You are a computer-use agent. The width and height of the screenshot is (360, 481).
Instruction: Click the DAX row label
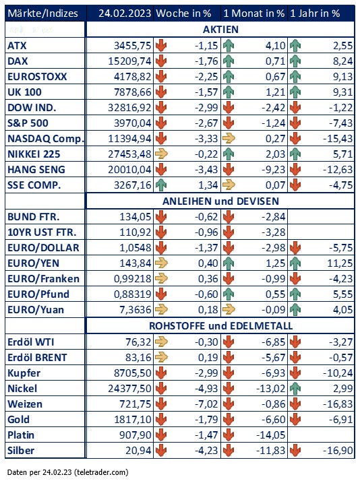(x=18, y=61)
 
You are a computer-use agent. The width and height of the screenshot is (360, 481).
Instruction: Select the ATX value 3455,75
(x=133, y=46)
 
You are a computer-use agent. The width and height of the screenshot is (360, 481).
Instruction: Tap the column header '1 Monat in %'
(x=253, y=13)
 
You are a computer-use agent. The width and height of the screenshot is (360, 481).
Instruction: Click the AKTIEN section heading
(x=220, y=30)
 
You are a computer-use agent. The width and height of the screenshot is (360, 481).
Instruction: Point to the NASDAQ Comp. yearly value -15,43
(x=338, y=139)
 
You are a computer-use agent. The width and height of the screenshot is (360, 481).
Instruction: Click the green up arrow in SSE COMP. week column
(x=161, y=185)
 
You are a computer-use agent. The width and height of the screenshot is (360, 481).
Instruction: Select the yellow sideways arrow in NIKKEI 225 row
(x=161, y=154)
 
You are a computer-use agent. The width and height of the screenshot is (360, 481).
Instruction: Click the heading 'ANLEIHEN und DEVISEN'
(x=220, y=201)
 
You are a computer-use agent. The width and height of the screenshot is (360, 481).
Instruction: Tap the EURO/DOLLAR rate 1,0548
(x=136, y=247)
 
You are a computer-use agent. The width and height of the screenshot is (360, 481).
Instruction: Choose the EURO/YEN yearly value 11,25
(x=340, y=263)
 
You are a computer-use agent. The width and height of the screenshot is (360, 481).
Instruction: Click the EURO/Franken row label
(x=43, y=278)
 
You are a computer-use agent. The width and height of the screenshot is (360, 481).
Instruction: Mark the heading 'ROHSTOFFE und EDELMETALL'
(x=220, y=326)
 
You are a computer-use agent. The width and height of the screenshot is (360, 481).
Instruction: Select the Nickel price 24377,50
(x=130, y=388)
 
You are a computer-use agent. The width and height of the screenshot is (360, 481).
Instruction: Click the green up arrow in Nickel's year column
(x=295, y=388)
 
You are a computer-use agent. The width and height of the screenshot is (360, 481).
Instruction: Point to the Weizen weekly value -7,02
(x=206, y=404)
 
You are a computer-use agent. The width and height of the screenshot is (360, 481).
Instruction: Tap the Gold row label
(x=18, y=419)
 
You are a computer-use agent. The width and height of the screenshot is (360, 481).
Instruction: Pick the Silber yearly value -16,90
(x=338, y=450)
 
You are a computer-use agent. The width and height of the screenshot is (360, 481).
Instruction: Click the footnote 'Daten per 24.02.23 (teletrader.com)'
(x=67, y=472)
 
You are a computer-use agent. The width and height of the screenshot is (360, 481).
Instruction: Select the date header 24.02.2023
(x=125, y=13)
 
